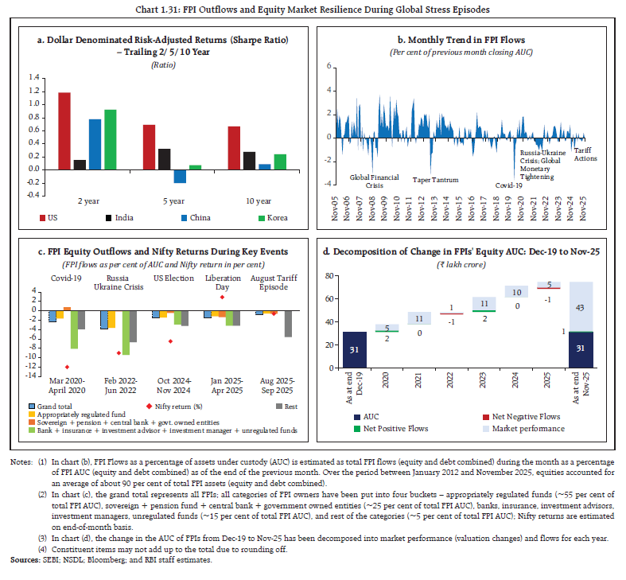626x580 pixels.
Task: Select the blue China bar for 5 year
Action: (x=180, y=177)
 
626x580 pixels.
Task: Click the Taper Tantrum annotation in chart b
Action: (x=435, y=180)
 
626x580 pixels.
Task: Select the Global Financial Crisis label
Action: (x=369, y=181)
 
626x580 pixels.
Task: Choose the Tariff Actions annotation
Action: (x=585, y=154)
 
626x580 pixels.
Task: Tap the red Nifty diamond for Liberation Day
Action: (x=222, y=298)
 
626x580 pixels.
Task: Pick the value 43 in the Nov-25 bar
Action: (x=581, y=307)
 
